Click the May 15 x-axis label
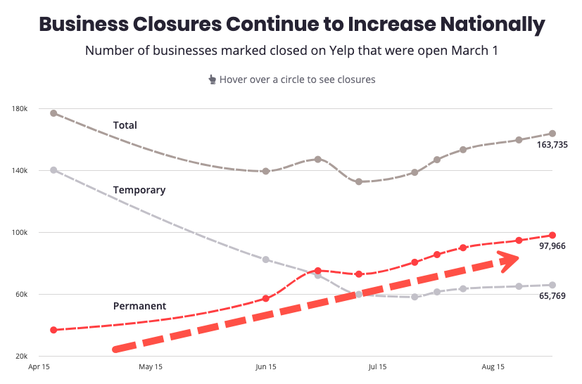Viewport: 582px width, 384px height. point(151,367)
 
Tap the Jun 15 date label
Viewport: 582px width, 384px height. point(265,367)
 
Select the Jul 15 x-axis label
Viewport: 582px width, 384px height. point(377,367)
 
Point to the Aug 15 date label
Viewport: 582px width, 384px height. point(493,367)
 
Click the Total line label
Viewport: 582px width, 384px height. point(125,125)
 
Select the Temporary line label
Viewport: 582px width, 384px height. point(139,190)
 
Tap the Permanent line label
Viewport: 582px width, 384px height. point(139,306)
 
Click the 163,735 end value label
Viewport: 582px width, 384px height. point(552,145)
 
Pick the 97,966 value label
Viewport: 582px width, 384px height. point(552,247)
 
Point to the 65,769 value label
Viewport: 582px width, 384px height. point(552,296)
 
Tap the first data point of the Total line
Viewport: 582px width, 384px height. point(53,113)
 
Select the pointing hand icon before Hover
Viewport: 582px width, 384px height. point(212,79)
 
